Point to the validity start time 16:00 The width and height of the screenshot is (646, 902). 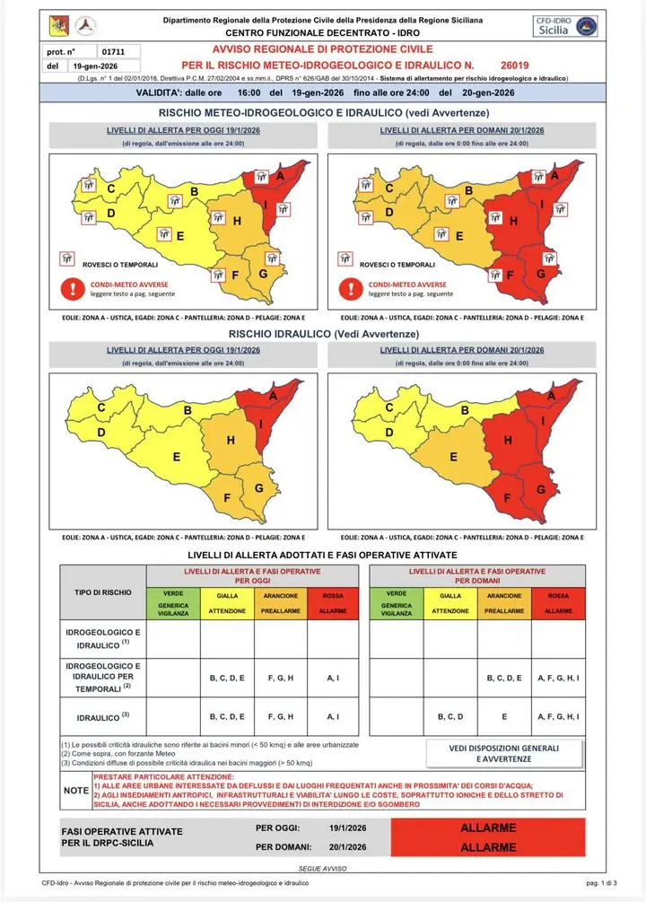(248, 92)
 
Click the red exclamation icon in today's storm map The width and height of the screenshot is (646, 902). (69, 289)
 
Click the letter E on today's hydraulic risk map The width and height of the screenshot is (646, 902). (177, 457)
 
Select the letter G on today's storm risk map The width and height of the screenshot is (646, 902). (263, 273)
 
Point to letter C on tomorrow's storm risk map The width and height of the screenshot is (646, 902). (389, 188)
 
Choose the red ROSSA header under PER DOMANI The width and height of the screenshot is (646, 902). (558, 602)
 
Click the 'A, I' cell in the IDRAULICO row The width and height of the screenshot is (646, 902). (333, 717)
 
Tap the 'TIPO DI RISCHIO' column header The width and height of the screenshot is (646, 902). (102, 593)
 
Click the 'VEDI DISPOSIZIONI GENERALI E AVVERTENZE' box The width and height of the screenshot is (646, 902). (503, 753)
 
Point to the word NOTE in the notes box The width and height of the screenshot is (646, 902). (75, 791)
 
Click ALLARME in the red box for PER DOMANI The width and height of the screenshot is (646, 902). (487, 846)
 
